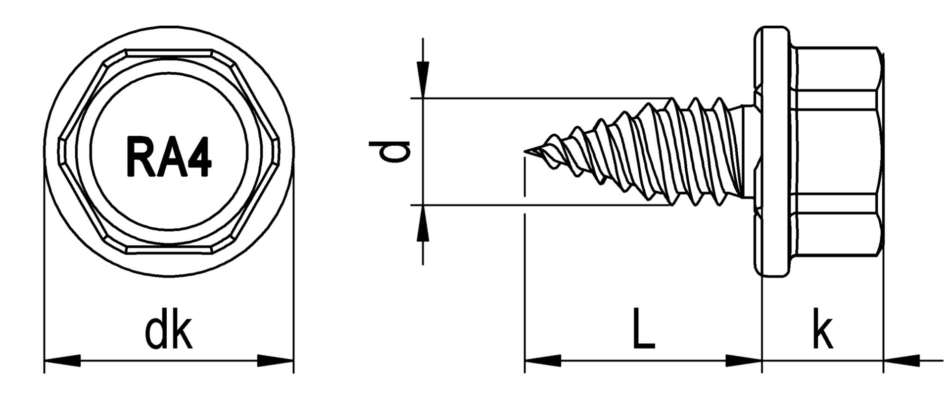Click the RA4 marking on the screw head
pyautogui.click(x=169, y=157)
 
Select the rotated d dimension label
pyautogui.click(x=390, y=152)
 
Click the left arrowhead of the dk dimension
pyautogui.click(x=62, y=361)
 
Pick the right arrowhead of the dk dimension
pyautogui.click(x=276, y=361)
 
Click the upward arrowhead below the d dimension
pyautogui.click(x=423, y=223)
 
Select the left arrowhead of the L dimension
pyautogui.click(x=543, y=361)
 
